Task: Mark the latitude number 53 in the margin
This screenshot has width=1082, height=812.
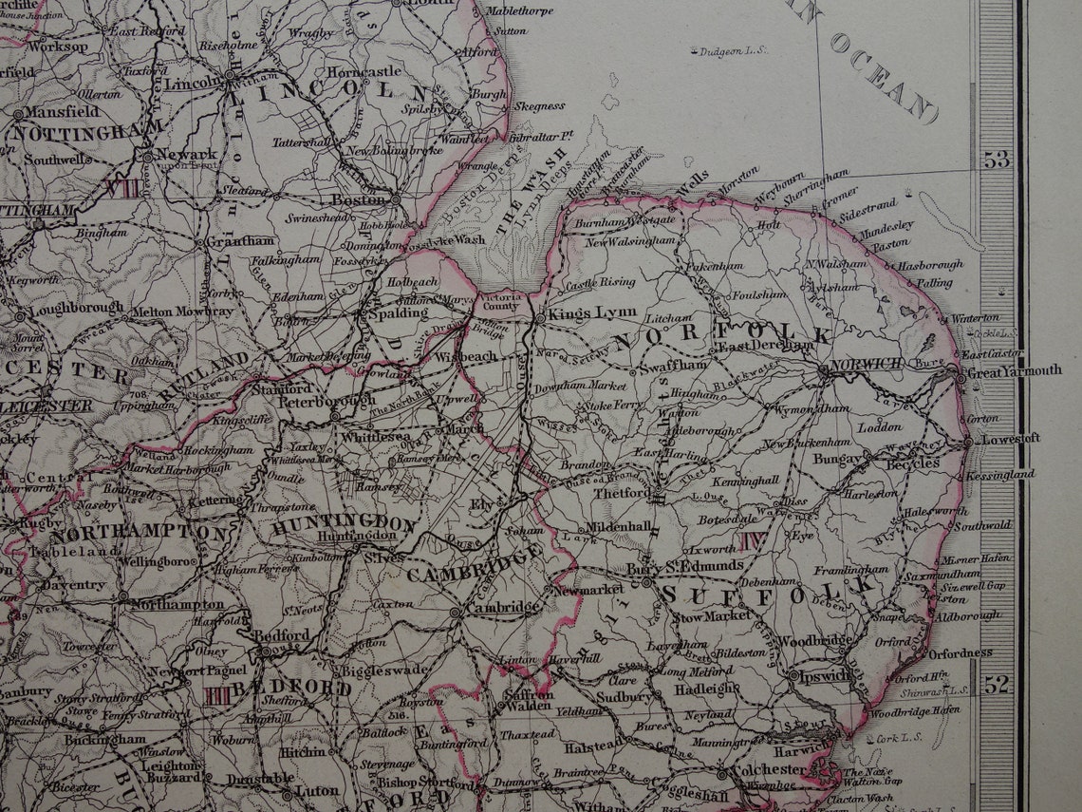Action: click(997, 160)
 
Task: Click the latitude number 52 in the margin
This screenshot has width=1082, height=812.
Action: click(997, 683)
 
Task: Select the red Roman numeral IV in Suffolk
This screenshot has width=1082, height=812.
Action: click(754, 541)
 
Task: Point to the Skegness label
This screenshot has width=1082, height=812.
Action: click(539, 106)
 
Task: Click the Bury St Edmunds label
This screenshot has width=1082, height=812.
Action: click(685, 566)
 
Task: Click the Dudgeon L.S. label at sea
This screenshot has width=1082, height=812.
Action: click(733, 51)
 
